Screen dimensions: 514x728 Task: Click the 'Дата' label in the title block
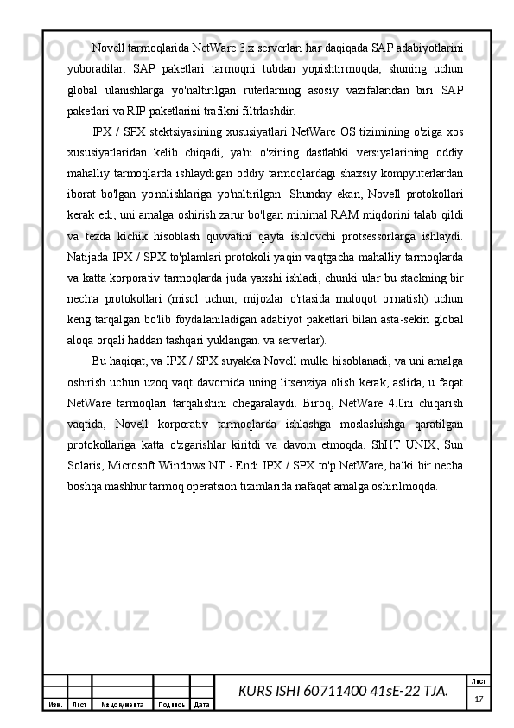(x=202, y=705)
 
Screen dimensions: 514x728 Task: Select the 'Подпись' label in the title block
(x=171, y=705)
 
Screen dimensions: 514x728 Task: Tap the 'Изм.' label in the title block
(x=54, y=705)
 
